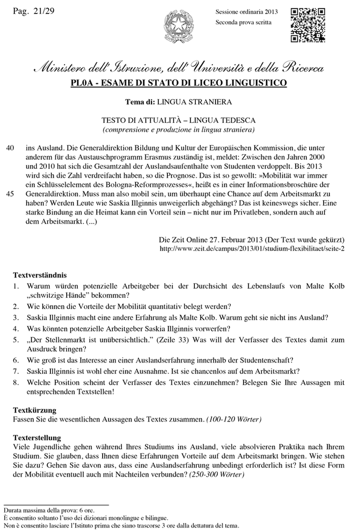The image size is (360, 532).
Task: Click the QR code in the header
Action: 308,25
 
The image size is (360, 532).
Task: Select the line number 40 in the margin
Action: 9,149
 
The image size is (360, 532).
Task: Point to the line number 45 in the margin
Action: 9,194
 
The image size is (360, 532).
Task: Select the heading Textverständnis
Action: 40,275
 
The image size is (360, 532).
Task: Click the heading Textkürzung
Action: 34,410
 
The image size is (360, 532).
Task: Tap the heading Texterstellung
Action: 36,437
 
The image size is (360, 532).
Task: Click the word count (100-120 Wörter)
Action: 234,420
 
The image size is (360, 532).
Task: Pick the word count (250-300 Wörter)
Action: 216,474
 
